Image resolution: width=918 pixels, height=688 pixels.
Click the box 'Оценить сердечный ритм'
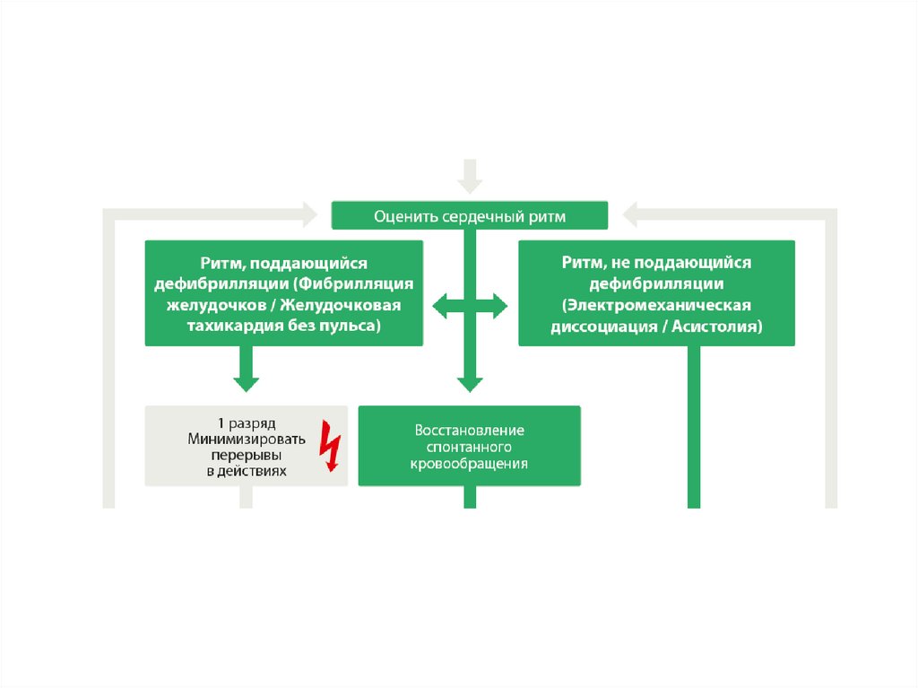[x=469, y=216]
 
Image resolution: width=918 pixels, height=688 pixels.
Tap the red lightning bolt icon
[x=332, y=446]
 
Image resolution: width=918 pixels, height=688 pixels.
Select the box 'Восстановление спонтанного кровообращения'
[x=469, y=447]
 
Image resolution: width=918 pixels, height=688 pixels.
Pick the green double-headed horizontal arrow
[x=470, y=307]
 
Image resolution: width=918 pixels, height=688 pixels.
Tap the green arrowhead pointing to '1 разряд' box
[x=245, y=380]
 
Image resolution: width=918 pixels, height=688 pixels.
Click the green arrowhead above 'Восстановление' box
[x=470, y=383]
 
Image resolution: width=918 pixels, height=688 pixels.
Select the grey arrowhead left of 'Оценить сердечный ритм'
[x=309, y=214]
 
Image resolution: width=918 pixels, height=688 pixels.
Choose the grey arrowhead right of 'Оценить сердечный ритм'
[x=630, y=214]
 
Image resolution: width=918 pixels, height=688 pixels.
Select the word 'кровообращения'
[x=469, y=464]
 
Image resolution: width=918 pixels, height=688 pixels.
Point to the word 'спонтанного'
[x=469, y=447]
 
